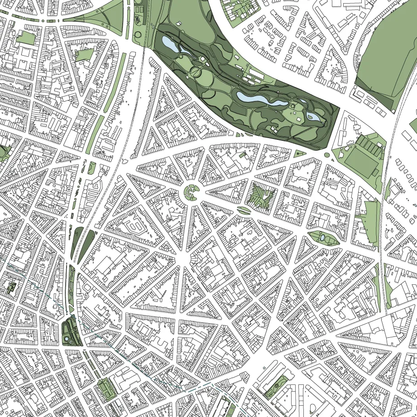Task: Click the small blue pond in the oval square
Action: [322, 237]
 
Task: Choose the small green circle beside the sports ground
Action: [326, 155]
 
